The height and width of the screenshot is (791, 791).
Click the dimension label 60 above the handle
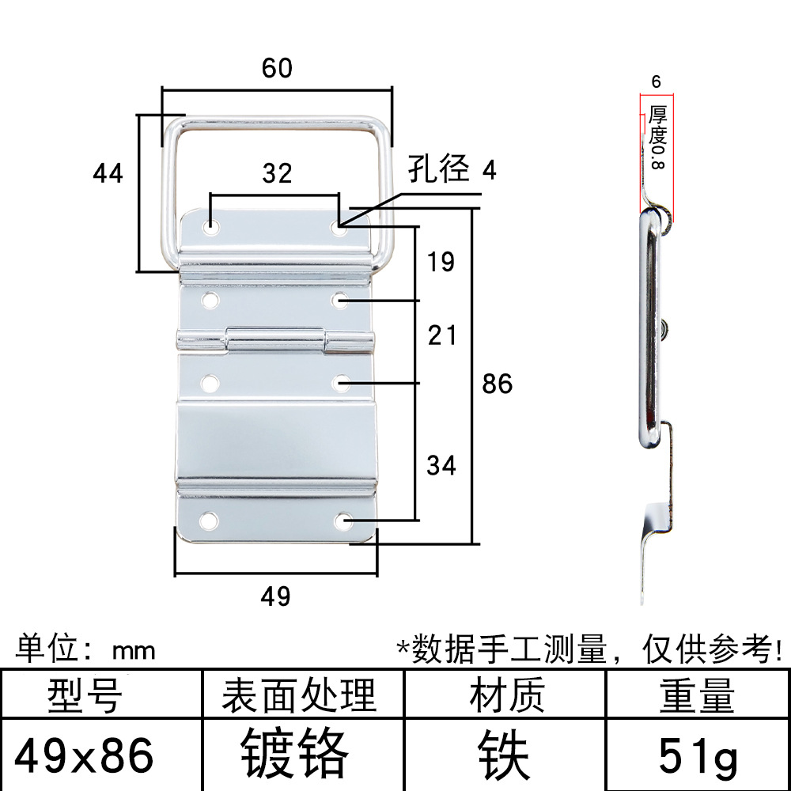[277, 69]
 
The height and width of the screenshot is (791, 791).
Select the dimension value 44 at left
[108, 172]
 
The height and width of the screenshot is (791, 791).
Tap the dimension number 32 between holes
[277, 173]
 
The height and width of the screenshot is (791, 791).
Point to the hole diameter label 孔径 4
[452, 169]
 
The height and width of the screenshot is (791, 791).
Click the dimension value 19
[441, 262]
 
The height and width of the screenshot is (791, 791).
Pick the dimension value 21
[441, 335]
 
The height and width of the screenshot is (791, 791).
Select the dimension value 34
[441, 465]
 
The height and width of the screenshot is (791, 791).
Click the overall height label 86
[498, 384]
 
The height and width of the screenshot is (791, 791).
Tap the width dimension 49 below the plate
[275, 596]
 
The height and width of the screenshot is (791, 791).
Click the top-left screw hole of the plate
[211, 227]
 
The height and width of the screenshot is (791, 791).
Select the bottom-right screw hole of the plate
[343, 521]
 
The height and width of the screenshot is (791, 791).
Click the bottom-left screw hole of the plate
[210, 520]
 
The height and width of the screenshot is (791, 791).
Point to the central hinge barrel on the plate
[276, 342]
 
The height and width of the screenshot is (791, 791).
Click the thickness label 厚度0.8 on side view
[657, 138]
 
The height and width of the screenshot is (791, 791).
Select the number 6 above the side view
[656, 81]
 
